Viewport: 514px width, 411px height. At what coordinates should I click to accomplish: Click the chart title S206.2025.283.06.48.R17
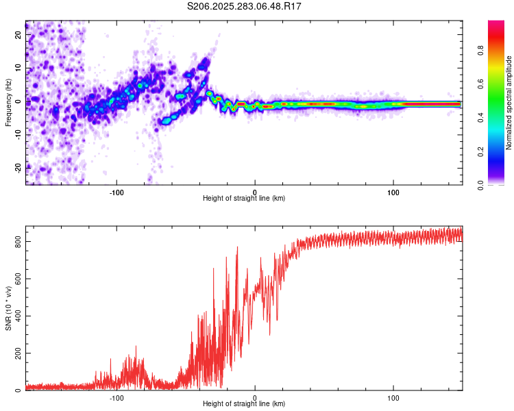[x=245, y=6]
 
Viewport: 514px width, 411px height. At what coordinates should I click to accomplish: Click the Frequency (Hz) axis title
[x=8, y=103]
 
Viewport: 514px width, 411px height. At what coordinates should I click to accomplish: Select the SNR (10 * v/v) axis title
[x=8, y=309]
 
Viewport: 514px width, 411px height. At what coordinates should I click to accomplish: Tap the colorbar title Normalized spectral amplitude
[x=509, y=103]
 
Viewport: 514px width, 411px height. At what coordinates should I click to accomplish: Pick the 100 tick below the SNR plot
[x=393, y=397]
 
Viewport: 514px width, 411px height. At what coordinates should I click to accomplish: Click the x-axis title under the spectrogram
[x=244, y=198]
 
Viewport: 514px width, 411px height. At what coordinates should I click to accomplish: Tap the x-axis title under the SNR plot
[x=244, y=404]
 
